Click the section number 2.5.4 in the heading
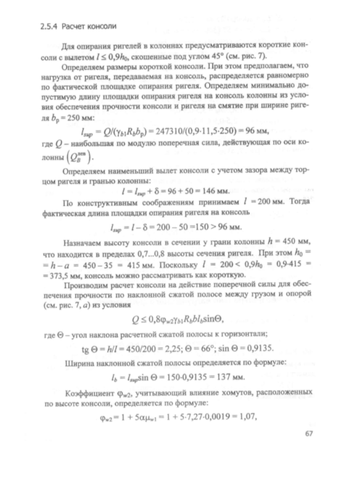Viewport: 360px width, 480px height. coord(42,26)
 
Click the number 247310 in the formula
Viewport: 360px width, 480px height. coord(171,131)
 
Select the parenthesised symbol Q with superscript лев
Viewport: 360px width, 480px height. coord(84,157)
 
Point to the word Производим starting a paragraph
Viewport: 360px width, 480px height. coord(85,285)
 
